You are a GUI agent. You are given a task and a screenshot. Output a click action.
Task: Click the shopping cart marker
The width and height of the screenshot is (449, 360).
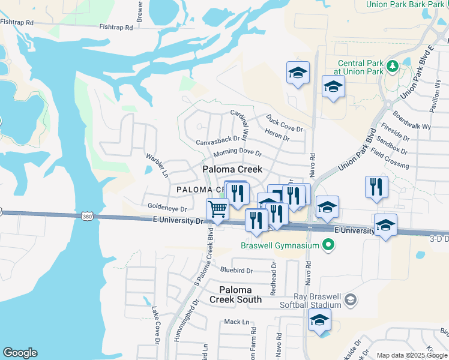click(x=217, y=209)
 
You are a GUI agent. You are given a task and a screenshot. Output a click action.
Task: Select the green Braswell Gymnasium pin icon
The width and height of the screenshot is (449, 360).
click(x=328, y=244)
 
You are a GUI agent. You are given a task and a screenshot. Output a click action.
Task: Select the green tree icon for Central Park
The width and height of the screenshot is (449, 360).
click(x=393, y=65)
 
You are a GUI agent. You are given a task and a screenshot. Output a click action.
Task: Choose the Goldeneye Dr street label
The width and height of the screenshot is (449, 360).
click(x=167, y=209)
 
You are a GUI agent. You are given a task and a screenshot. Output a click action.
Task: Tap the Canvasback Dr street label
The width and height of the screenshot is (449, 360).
click(x=218, y=142)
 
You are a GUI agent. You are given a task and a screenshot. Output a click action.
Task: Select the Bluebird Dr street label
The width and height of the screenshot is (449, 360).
click(x=238, y=270)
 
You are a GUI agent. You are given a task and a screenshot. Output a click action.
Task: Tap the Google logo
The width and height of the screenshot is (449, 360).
click(x=20, y=353)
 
